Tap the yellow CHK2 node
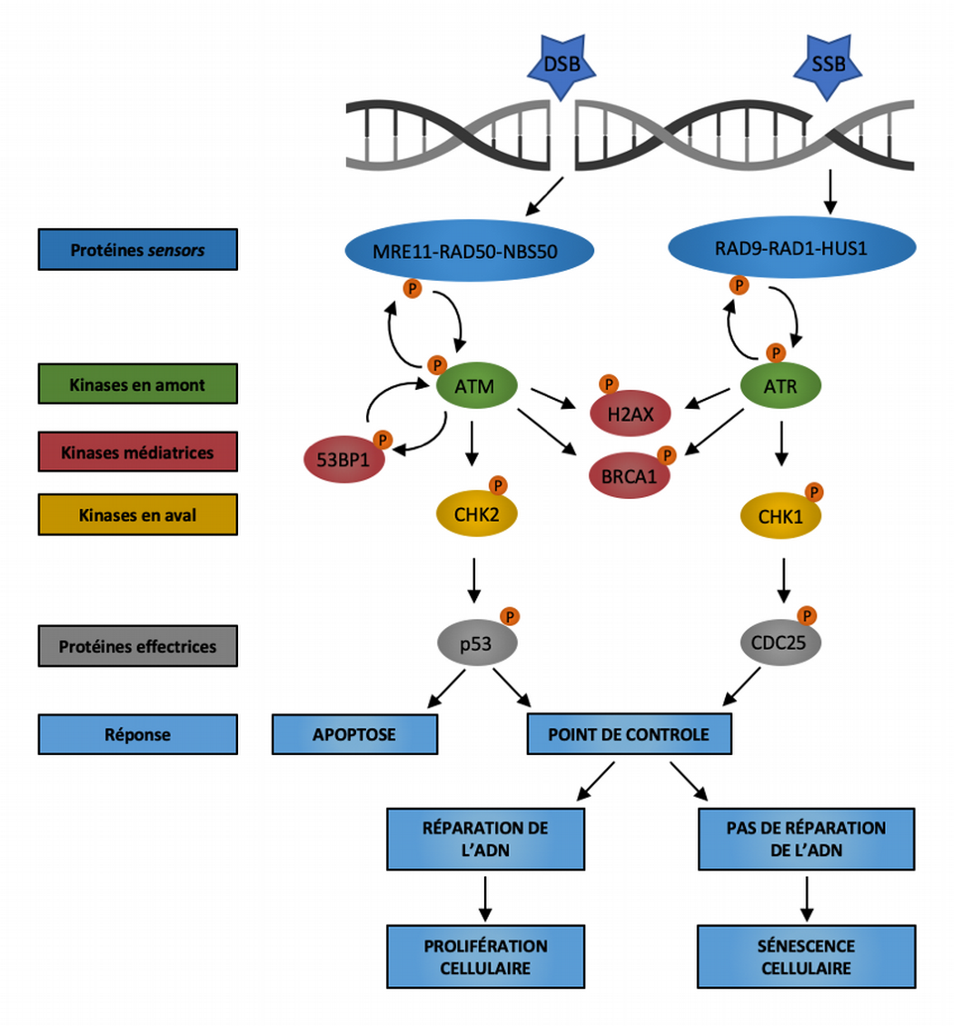click(x=477, y=514)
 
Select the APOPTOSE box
click(x=354, y=733)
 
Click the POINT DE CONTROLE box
click(x=630, y=733)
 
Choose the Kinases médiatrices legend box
click(x=137, y=452)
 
